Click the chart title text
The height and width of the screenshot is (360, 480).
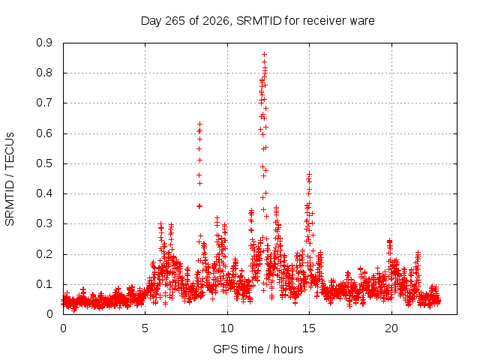(258, 21)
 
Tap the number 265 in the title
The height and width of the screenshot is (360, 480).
(175, 21)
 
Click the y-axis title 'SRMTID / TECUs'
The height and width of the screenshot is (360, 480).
(10, 179)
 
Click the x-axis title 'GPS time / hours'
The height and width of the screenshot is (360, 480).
(258, 349)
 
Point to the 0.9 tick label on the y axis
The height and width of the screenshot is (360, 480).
(44, 43)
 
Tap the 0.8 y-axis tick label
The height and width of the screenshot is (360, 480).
(44, 73)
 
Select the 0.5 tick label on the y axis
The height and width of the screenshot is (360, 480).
(44, 163)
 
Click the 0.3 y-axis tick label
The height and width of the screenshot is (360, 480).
(44, 224)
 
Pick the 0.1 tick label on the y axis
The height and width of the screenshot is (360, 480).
(44, 284)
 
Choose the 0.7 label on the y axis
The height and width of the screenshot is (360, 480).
(44, 103)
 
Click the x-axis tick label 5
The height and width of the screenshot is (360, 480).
(145, 328)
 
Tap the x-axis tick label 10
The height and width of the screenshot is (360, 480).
(227, 328)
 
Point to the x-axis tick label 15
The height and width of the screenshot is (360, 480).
(309, 328)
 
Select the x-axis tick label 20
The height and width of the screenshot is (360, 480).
(391, 328)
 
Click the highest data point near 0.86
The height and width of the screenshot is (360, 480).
(265, 55)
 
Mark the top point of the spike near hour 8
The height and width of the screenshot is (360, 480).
(200, 124)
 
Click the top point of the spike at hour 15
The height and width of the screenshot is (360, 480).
(309, 174)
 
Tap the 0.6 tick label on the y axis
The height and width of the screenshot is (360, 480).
(44, 133)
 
